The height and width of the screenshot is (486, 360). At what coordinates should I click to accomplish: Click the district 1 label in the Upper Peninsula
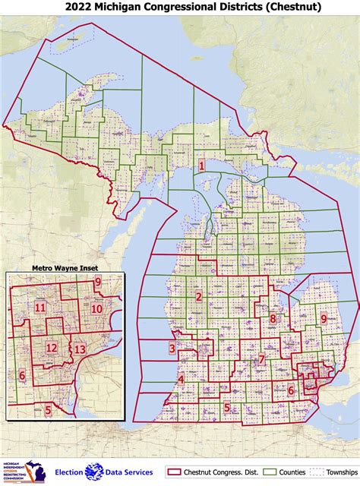tap(201, 166)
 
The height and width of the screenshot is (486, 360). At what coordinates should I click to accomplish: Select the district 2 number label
tap(198, 297)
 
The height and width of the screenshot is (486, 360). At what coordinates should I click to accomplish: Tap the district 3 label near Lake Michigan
tap(172, 349)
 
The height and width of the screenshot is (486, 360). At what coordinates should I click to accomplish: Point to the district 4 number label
tap(181, 380)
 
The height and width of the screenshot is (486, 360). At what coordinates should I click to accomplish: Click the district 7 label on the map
tap(261, 360)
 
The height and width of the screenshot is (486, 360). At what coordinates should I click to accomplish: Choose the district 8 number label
tap(273, 319)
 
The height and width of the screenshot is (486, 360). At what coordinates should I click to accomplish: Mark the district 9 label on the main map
tap(324, 319)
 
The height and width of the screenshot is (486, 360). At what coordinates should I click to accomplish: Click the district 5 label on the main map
tap(226, 407)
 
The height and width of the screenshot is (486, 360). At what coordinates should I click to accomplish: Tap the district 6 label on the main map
tap(290, 390)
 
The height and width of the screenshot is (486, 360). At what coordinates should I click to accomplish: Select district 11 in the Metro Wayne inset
tap(39, 308)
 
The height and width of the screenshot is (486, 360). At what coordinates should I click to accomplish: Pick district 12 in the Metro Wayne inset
tap(52, 348)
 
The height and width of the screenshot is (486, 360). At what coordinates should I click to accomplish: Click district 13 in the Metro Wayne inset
tap(80, 349)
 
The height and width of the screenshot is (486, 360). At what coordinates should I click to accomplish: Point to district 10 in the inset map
tap(96, 309)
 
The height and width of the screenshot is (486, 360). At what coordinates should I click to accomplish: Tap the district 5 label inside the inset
tap(48, 410)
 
